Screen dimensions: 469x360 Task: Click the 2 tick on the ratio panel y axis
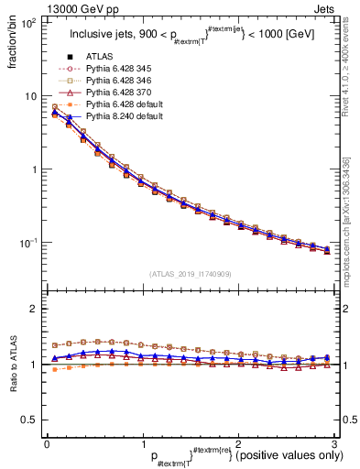pyautogui.click(x=35, y=309)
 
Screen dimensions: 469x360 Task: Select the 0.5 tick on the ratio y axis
pyautogui.click(x=29, y=420)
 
